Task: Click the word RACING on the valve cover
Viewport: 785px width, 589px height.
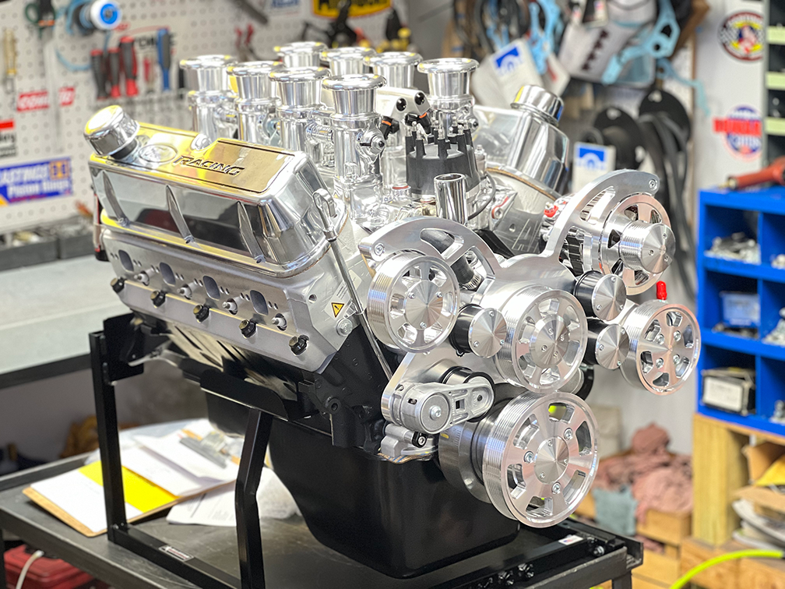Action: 208,164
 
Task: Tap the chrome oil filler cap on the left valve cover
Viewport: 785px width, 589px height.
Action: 112,130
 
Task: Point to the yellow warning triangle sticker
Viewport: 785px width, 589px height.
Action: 337,309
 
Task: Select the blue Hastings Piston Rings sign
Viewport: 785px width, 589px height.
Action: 36,181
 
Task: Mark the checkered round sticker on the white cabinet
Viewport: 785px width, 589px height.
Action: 741,36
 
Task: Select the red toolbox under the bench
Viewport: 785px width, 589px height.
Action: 39,569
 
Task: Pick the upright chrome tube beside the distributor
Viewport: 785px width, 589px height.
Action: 450,198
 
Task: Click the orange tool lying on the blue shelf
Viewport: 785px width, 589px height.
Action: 755,173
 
